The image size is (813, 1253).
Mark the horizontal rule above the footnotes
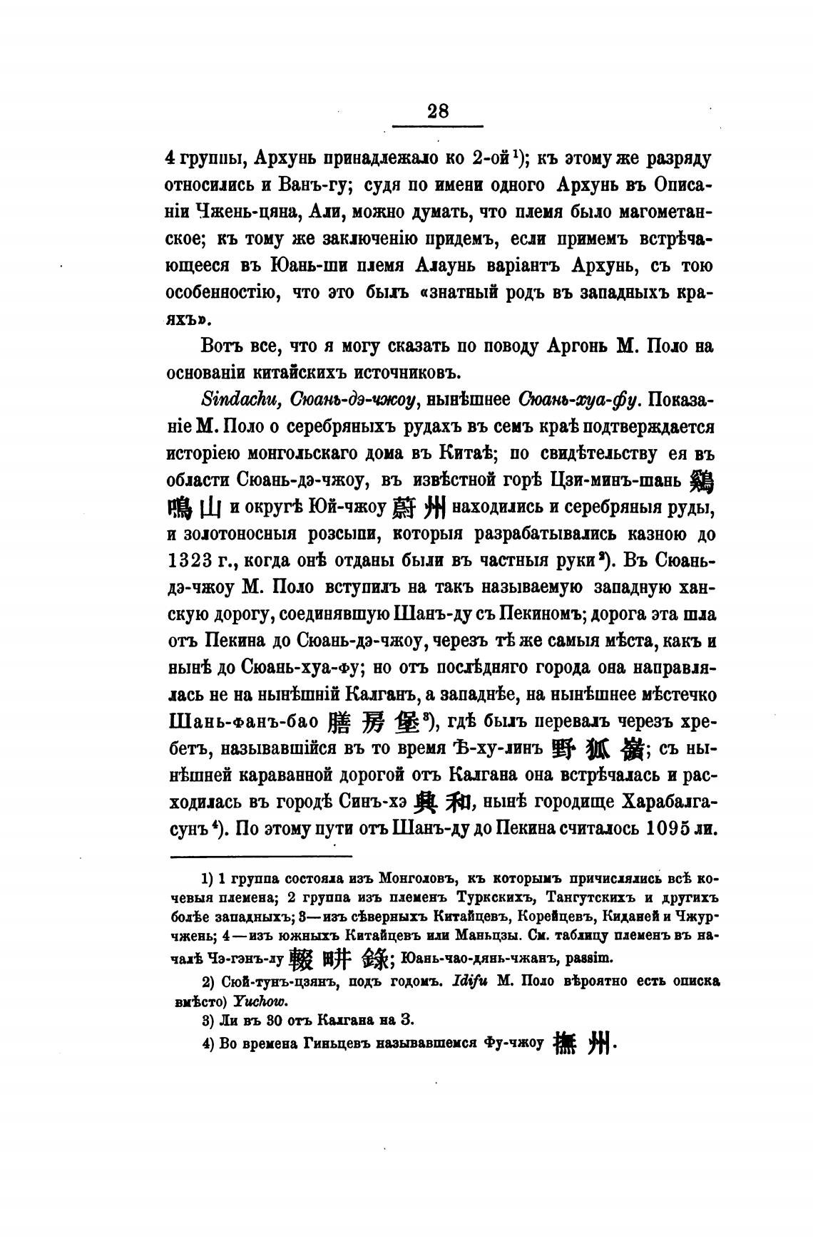(262, 856)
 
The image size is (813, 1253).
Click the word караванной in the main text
(312, 776)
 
